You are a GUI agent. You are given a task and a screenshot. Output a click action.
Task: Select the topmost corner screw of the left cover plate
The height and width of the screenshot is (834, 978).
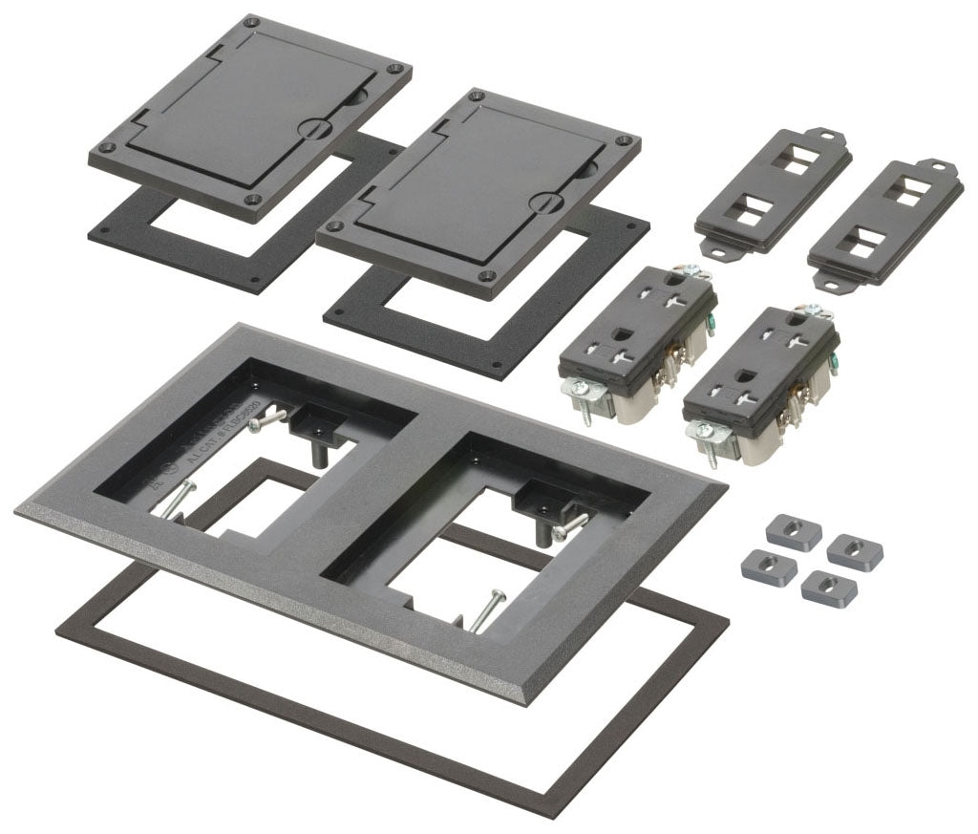[x=251, y=20]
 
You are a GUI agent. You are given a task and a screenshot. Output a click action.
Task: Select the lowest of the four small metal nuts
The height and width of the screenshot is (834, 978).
[x=828, y=588]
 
